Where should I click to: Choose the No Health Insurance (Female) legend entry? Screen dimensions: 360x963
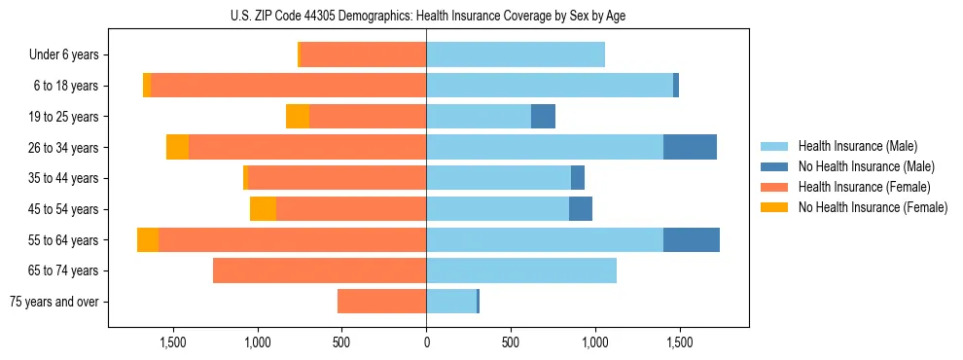pos(873,207)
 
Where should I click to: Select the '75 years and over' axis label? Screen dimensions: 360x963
pos(54,302)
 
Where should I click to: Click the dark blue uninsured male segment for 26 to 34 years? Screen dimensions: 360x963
pos(690,147)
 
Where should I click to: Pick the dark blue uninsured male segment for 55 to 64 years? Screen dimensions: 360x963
pos(691,239)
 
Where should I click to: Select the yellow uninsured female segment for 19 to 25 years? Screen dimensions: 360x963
pos(298,117)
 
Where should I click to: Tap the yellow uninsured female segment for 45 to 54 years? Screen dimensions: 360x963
pos(263,209)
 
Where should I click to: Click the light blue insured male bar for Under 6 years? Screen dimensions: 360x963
pos(516,55)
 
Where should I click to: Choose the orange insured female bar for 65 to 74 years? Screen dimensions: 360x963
pos(319,270)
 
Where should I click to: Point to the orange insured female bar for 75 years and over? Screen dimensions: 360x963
pos(381,302)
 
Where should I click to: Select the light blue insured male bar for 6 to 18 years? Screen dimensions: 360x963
pos(550,86)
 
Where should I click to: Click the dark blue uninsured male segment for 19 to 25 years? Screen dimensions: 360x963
pos(543,117)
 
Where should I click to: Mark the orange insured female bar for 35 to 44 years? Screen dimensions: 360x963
pos(337,178)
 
